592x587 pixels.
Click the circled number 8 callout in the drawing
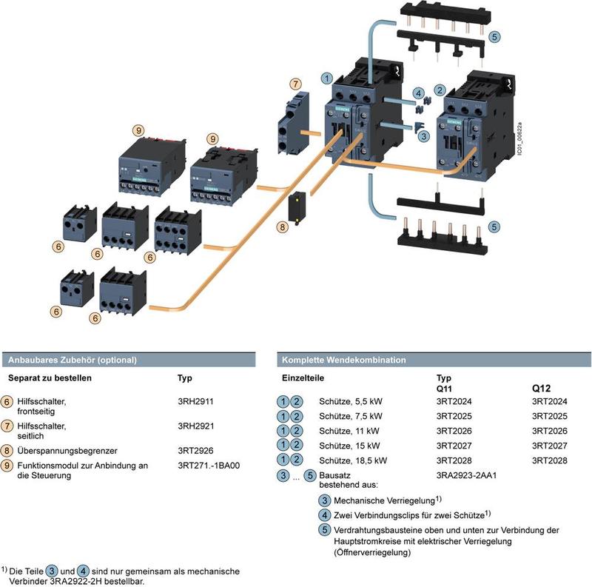point(282,227)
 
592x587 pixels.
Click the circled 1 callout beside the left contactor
point(326,77)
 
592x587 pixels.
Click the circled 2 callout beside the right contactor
point(440,90)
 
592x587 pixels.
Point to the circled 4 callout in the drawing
point(418,94)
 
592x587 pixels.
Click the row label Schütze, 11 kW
point(351,431)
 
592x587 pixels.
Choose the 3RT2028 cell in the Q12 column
point(550,460)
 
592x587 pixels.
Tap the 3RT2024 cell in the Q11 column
point(454,401)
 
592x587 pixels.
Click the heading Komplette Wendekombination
point(343,360)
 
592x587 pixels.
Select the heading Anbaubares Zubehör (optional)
point(73,360)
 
